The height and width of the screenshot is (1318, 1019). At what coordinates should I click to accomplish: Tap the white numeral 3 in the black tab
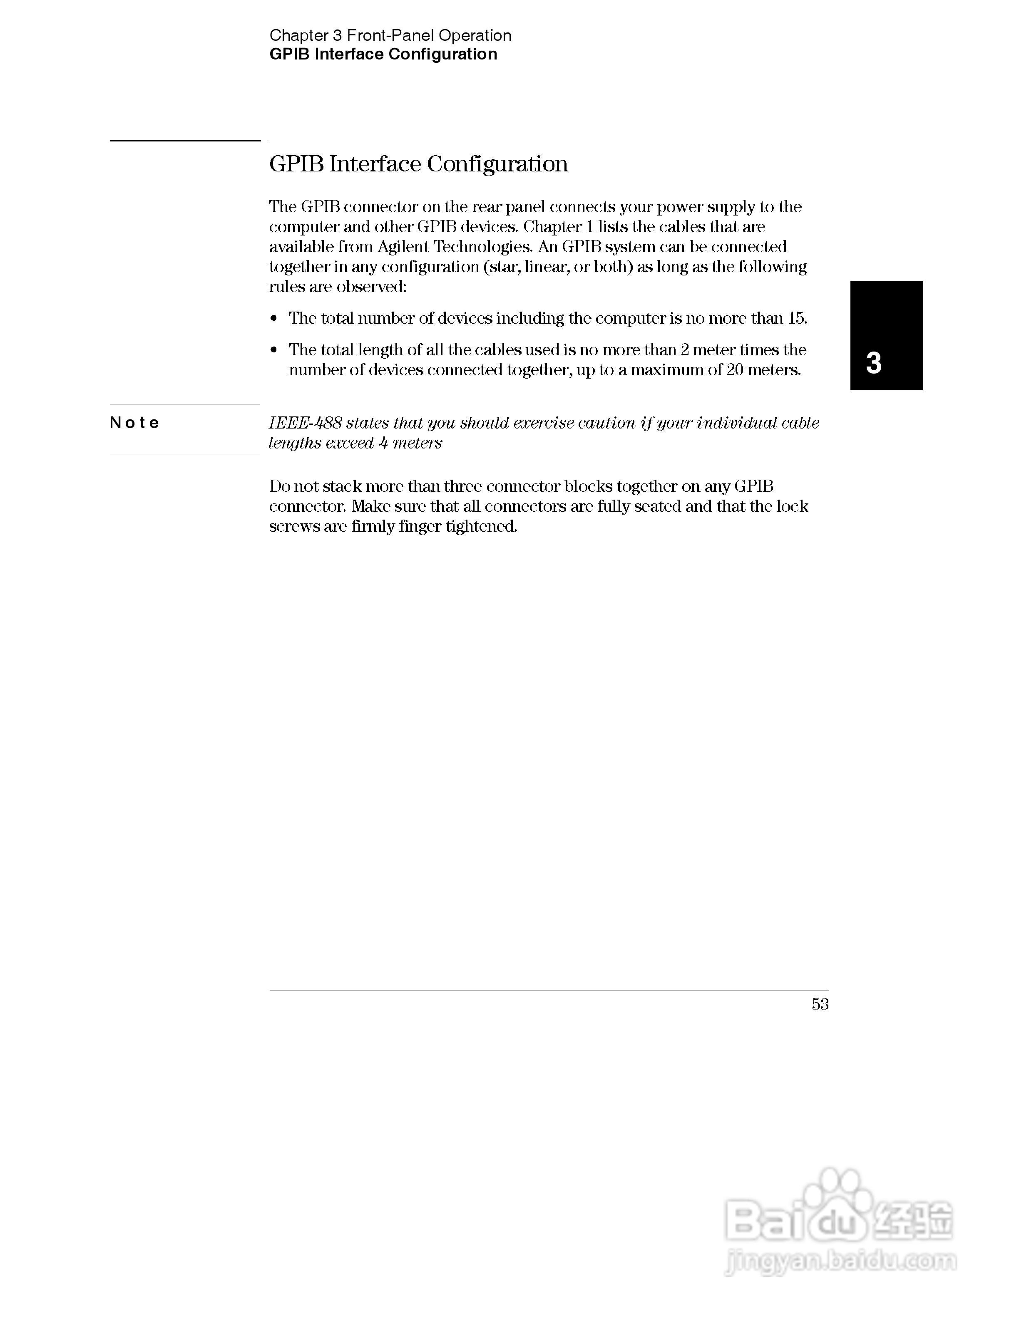[873, 363]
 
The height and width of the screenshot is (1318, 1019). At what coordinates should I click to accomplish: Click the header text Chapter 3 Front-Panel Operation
[390, 36]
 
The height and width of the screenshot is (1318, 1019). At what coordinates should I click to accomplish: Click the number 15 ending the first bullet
[797, 318]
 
